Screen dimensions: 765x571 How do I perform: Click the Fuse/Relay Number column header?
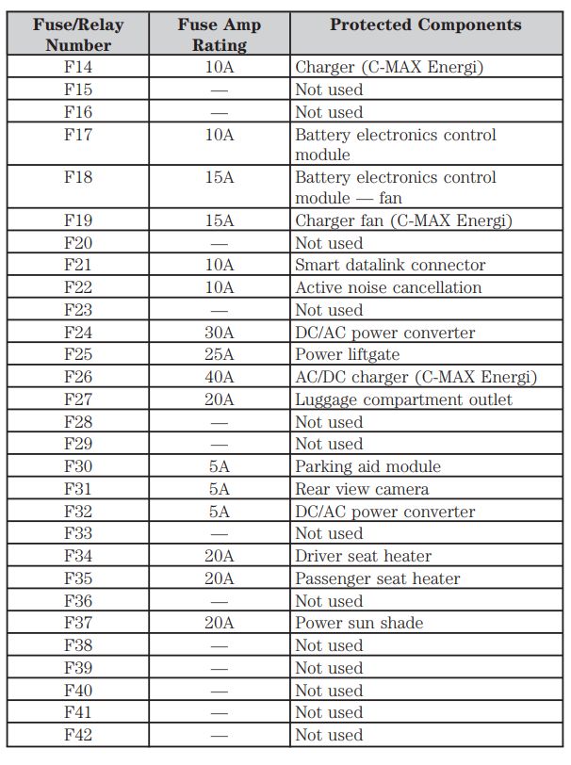pyautogui.click(x=78, y=34)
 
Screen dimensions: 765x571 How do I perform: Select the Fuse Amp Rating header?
pyautogui.click(x=219, y=34)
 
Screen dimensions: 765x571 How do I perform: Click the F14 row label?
pyautogui.click(x=78, y=67)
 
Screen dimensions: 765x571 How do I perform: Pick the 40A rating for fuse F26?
pyautogui.click(x=219, y=377)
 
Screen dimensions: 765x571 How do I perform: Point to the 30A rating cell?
pyautogui.click(x=219, y=333)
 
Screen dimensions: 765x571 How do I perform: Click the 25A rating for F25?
pyautogui.click(x=219, y=355)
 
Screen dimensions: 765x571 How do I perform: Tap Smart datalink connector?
pyautogui.click(x=390, y=266)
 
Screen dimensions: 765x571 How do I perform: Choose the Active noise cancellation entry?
pyautogui.click(x=388, y=288)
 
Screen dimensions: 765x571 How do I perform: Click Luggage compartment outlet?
pyautogui.click(x=403, y=399)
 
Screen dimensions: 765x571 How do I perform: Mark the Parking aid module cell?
pyautogui.click(x=367, y=466)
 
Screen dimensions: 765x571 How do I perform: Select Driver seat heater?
pyautogui.click(x=363, y=556)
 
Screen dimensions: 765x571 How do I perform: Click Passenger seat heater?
pyautogui.click(x=377, y=578)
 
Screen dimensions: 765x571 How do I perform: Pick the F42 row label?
pyautogui.click(x=78, y=735)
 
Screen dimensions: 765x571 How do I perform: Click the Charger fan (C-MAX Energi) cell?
pyautogui.click(x=403, y=221)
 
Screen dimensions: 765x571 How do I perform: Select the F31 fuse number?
pyautogui.click(x=78, y=489)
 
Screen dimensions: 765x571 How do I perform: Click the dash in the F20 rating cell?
pyautogui.click(x=219, y=244)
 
